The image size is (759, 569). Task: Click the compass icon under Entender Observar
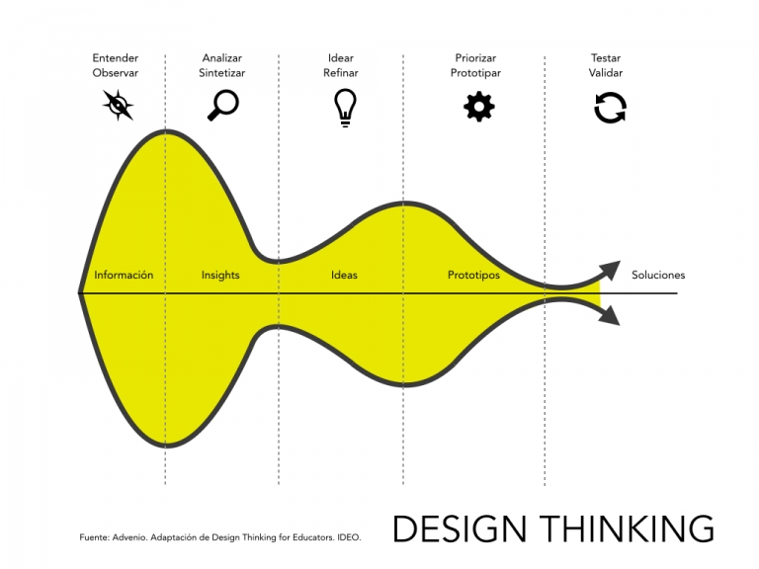[118, 105]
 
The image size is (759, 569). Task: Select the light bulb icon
[344, 107]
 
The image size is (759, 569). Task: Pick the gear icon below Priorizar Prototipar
[478, 106]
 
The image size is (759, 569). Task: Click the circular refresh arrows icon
[610, 107]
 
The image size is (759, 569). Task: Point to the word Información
[124, 276]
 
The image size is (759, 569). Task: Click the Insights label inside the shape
[220, 276]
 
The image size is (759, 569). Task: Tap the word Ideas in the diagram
[344, 276]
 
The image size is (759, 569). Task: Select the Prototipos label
[473, 276]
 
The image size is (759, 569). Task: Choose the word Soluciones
[658, 276]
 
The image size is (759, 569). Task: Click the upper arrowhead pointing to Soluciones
[610, 270]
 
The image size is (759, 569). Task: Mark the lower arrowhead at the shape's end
[610, 315]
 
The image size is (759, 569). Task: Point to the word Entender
[116, 58]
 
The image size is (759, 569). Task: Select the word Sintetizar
[221, 73]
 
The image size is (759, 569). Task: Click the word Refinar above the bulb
[341, 73]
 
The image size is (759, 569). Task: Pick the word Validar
[607, 73]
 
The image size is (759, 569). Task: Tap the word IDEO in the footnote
[350, 538]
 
